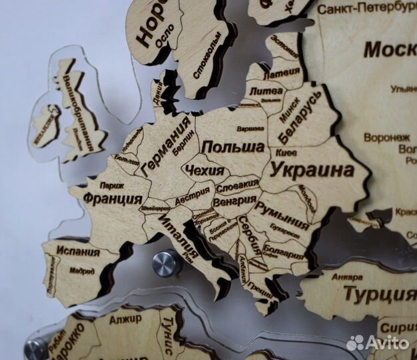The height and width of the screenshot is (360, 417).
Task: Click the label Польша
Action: pos(232,147)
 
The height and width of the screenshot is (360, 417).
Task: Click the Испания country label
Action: pos(78,252)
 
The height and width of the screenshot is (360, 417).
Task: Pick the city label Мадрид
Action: pos(82,272)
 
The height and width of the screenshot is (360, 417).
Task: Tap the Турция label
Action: pos(380,294)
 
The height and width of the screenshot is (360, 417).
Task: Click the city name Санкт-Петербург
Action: pos(362,9)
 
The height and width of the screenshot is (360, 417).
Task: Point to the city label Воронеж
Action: pos(386,137)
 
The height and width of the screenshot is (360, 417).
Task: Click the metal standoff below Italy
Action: pos(167,263)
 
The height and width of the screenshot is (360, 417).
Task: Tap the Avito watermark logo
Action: pos(377,342)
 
